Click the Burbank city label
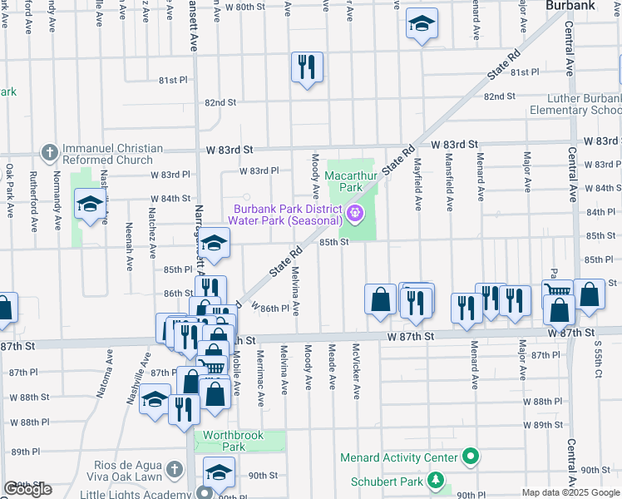point(570,6)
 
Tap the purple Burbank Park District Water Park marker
point(356,215)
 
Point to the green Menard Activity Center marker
point(470,457)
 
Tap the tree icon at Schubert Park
point(435,481)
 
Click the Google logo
point(28,489)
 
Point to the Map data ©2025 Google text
point(570,492)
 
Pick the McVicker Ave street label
point(355,372)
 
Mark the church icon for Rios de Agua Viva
point(174,470)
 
